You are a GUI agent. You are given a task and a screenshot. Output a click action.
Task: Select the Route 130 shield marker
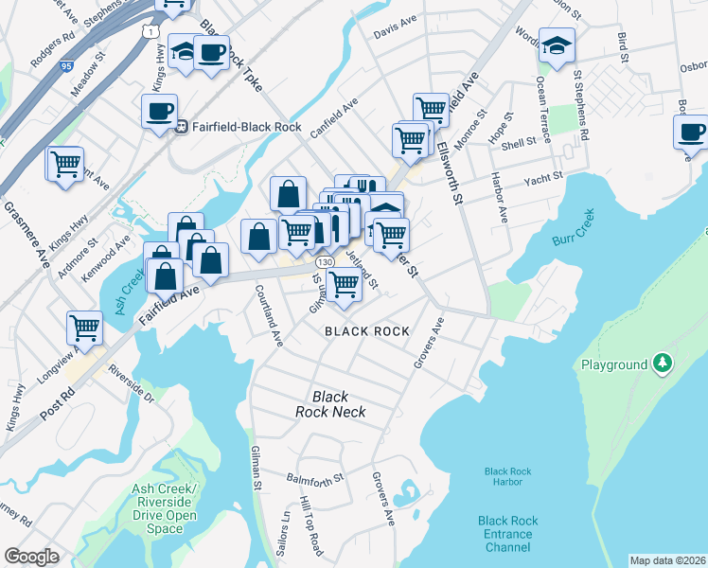click(x=325, y=261)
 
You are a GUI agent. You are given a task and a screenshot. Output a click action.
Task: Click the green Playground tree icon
click(x=664, y=364)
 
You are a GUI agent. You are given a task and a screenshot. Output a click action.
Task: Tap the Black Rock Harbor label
click(x=502, y=476)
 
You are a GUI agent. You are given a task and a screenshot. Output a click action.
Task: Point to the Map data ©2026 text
click(x=666, y=559)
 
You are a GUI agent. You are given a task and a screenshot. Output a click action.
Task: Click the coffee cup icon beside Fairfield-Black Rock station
click(x=158, y=110)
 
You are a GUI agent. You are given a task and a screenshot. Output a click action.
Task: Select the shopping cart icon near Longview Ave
click(x=84, y=328)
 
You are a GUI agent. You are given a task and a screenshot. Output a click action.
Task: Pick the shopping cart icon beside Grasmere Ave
click(x=65, y=163)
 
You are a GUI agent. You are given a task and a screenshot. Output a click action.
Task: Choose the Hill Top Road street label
click(x=310, y=526)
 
